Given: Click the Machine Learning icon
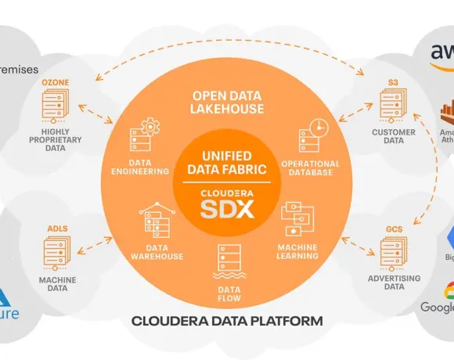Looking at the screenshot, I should [x=297, y=221].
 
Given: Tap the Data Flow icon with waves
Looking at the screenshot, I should [x=227, y=262].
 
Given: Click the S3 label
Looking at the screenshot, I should [x=393, y=81].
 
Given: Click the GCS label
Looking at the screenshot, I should [x=394, y=230].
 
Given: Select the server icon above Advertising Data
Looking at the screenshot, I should [x=394, y=255].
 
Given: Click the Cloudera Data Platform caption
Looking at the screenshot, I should [x=227, y=320].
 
